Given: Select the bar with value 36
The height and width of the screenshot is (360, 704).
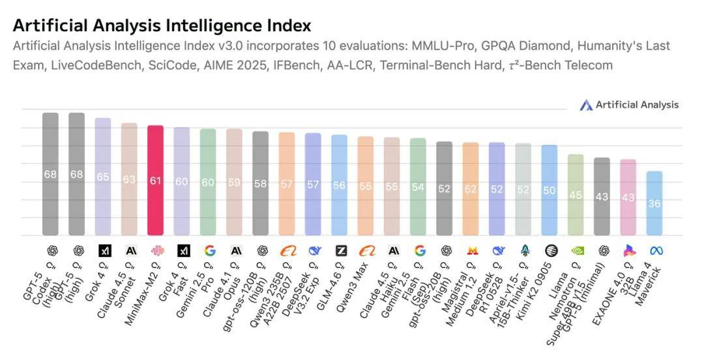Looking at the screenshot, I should coord(654,203).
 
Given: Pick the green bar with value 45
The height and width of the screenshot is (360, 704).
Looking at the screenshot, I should coord(576,194).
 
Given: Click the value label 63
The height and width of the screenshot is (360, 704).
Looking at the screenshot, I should coord(129,179).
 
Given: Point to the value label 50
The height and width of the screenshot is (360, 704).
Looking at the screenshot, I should coord(550,190).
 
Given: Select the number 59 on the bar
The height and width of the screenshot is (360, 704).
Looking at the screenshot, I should coord(234,183).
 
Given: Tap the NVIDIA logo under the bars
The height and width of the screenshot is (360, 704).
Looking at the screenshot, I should coord(576,250).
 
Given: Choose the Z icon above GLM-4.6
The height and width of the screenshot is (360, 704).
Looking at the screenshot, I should coord(340,250).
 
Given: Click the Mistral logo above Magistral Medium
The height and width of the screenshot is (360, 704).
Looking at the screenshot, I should coord(471,250).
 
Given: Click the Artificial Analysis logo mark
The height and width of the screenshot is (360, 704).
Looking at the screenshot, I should coord(586,105).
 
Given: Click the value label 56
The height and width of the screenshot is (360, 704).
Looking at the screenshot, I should coord(339,185).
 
